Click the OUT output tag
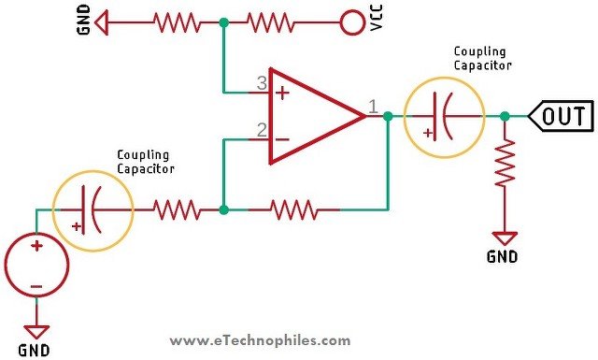(x=561, y=116)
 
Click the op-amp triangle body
(x=308, y=115)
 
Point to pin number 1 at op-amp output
(x=373, y=106)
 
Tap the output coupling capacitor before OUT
(x=444, y=116)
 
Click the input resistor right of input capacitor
(x=178, y=210)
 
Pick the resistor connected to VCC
(x=282, y=20)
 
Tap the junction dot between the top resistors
(x=223, y=20)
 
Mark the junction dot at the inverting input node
(x=223, y=210)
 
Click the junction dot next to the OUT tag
(x=505, y=116)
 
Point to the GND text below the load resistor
(x=503, y=255)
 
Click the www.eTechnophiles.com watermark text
(x=262, y=341)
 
